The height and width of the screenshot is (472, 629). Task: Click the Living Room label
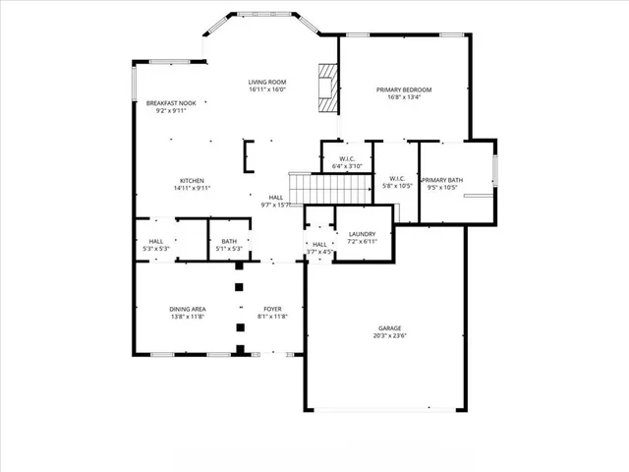tap(267, 82)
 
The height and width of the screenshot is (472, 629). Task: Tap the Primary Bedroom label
tap(404, 89)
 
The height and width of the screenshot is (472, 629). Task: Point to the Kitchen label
tap(192, 180)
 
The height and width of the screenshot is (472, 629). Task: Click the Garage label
tap(390, 328)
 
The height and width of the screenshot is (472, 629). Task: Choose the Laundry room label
tap(363, 233)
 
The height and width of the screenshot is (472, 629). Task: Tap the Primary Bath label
tap(442, 180)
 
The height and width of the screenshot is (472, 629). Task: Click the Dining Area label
tap(187, 309)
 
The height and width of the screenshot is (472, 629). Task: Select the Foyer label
tap(272, 309)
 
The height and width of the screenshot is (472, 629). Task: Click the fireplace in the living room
tap(326, 83)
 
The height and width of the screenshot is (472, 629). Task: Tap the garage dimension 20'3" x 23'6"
tap(390, 336)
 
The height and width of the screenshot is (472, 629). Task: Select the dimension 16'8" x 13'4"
tap(404, 97)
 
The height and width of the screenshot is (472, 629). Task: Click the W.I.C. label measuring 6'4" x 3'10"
tap(347, 159)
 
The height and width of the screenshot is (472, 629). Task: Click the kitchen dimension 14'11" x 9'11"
tap(192, 188)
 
